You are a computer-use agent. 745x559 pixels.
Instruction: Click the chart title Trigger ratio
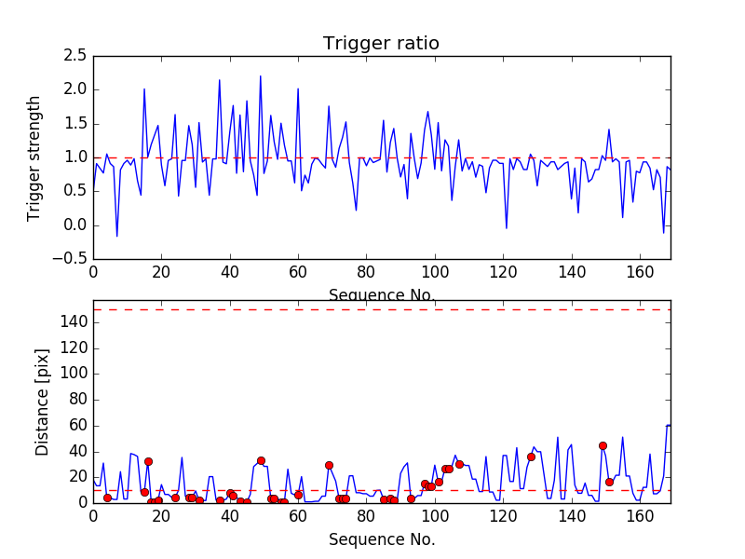(381, 44)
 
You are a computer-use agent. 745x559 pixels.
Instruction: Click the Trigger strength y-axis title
(34, 157)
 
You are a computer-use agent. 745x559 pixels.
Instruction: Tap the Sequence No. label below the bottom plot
(382, 539)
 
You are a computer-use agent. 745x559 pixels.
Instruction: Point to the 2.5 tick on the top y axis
(76, 56)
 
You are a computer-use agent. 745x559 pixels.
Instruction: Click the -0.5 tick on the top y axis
(73, 259)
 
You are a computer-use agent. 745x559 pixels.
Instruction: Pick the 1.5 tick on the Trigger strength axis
(76, 124)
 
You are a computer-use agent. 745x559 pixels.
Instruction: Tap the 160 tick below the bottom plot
(640, 515)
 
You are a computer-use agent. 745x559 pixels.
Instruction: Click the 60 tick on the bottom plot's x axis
(298, 515)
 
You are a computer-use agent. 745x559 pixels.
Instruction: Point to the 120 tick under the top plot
(503, 272)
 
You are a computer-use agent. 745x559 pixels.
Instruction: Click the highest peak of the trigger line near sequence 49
(261, 76)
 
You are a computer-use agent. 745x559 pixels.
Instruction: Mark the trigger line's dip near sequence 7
(117, 236)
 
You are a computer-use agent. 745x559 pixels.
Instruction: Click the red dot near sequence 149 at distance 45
(603, 445)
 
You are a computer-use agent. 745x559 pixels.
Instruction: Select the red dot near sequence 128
(531, 457)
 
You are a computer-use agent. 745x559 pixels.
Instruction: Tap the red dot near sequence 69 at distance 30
(329, 465)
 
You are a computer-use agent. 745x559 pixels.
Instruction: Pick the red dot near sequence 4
(107, 498)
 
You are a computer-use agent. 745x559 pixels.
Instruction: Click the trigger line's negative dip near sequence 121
(507, 227)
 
